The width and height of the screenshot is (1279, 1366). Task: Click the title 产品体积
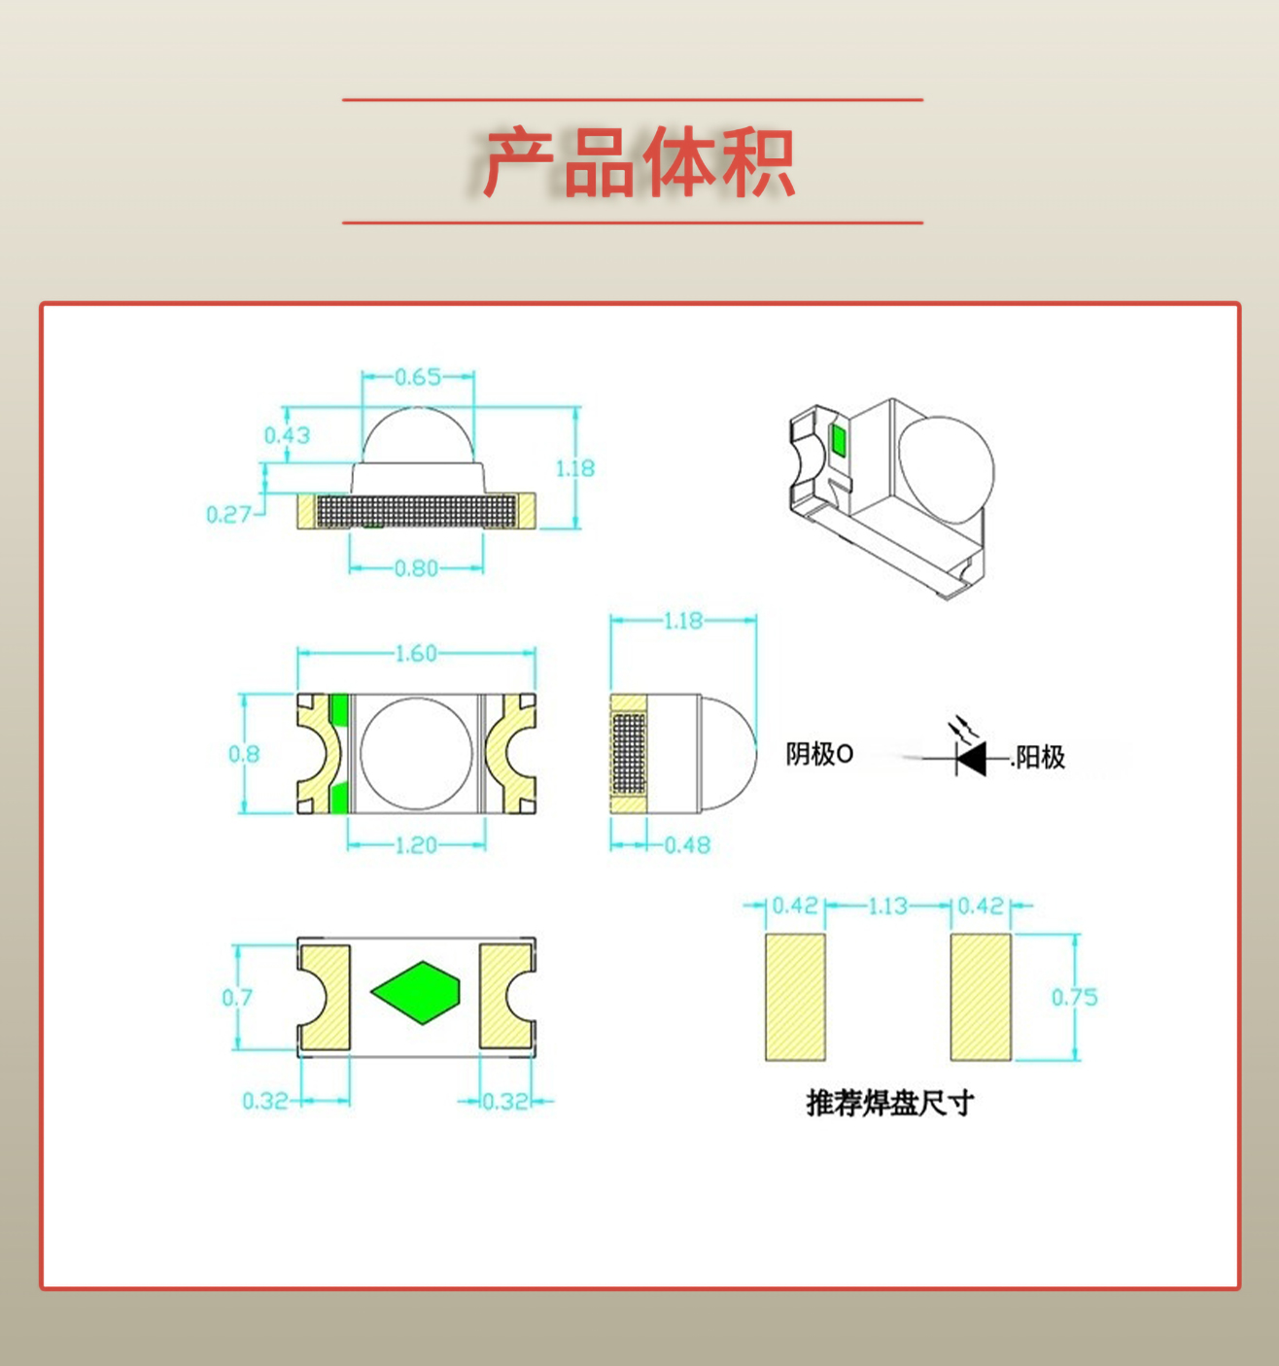pos(639,162)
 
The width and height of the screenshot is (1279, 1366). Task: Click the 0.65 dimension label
pos(418,377)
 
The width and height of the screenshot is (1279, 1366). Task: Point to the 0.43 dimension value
pos(287,435)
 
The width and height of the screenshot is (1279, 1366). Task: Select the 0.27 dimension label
pos(228,515)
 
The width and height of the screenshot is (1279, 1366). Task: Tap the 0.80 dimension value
pos(416,568)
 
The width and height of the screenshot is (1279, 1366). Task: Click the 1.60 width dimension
pos(416,654)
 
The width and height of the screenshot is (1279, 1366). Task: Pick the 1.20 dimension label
pos(416,845)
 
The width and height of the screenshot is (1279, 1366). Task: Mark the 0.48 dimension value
pos(687,845)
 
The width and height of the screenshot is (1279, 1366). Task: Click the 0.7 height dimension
pos(236,998)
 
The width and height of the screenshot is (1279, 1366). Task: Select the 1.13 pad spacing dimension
pos(887,906)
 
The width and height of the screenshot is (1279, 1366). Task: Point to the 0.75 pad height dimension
pos(1074,998)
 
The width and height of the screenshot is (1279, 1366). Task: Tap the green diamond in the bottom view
pos(416,993)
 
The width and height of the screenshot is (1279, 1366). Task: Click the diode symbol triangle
pos(971,758)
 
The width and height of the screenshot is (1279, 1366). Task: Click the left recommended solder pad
pos(795,997)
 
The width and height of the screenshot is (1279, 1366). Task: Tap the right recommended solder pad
pos(981,997)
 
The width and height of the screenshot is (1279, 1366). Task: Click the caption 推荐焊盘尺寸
pos(889,1103)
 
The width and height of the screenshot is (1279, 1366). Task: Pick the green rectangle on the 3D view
pos(838,440)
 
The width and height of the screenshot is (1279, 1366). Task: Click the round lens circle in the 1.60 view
pos(416,754)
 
